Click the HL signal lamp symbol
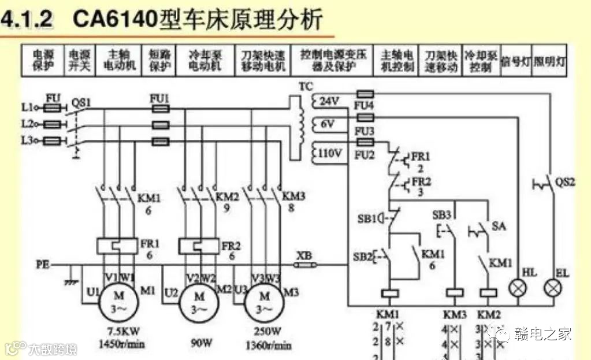click(x=518, y=288)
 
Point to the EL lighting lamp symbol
click(x=553, y=288)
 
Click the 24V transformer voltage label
click(x=329, y=101)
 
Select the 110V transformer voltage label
click(x=331, y=153)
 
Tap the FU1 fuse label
click(x=159, y=98)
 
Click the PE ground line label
click(x=42, y=265)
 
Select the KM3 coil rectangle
click(x=455, y=292)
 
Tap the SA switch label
click(x=498, y=226)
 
